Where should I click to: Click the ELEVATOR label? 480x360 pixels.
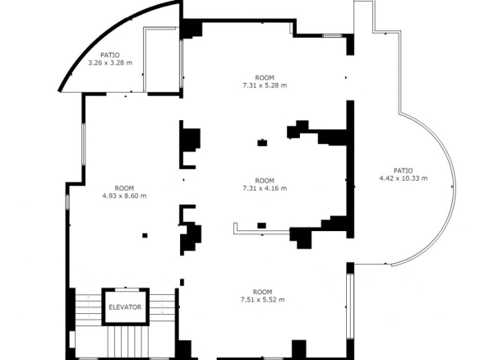click(125, 307)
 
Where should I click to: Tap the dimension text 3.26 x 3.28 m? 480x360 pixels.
click(110, 62)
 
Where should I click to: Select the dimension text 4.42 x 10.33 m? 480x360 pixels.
click(404, 178)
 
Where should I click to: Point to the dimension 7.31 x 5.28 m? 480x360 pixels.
click(265, 85)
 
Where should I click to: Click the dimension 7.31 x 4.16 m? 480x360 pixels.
click(265, 188)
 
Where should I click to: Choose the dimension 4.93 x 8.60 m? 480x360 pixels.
click(124, 196)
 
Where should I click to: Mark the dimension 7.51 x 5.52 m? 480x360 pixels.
click(263, 299)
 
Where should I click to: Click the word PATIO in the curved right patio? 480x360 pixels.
click(404, 170)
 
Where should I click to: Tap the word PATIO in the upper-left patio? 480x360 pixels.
click(110, 55)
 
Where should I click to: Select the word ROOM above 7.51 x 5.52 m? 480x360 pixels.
click(262, 292)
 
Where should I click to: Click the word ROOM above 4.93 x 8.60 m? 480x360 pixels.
click(124, 188)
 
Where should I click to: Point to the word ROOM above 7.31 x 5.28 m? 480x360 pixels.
click(265, 78)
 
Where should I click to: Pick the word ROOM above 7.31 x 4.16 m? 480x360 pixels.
click(265, 181)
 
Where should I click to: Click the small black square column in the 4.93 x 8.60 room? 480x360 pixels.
click(145, 235)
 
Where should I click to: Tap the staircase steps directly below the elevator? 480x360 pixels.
click(128, 342)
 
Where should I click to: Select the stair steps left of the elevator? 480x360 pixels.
click(89, 307)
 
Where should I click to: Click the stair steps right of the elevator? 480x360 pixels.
click(162, 307)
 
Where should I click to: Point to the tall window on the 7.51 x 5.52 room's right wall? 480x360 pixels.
click(350, 306)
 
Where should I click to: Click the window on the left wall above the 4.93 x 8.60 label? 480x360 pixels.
click(83, 145)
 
